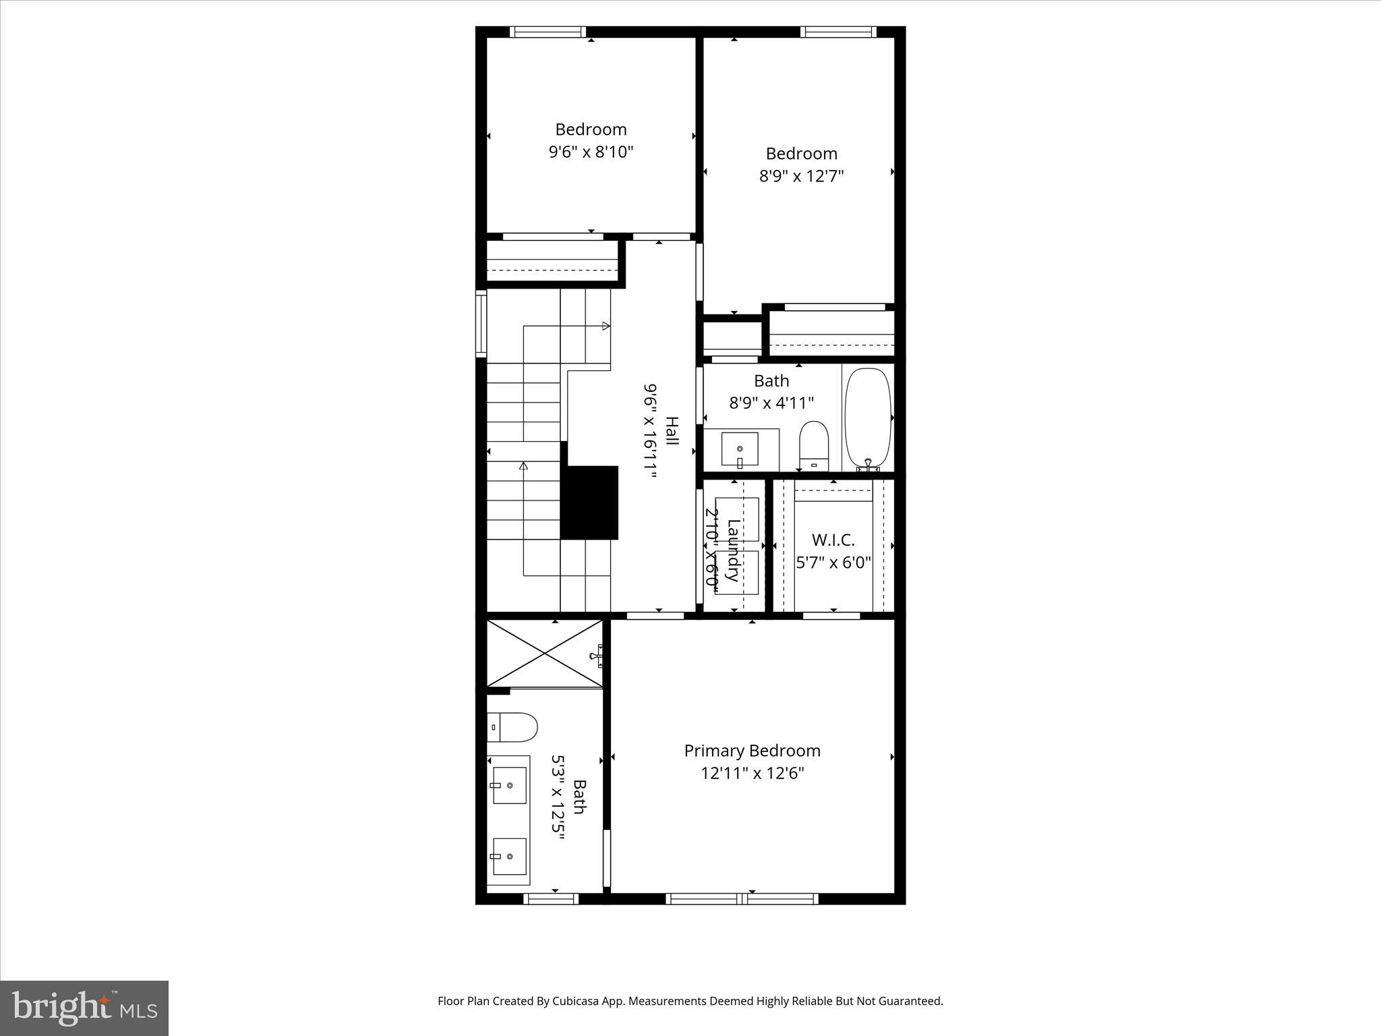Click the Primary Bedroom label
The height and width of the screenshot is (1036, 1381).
752,751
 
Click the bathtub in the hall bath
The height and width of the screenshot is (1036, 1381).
869,418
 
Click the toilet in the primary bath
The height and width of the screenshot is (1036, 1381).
512,728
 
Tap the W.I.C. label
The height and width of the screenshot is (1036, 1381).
833,540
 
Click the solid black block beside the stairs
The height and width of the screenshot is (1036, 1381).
589,502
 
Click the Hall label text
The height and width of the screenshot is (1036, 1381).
672,431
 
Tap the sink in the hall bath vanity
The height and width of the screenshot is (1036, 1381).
740,449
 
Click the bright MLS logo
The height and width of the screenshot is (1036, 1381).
84,1008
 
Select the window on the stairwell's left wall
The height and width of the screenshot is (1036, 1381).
481,323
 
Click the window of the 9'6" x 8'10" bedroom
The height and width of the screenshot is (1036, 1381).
548,32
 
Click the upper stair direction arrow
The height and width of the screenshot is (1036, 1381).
606,326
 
